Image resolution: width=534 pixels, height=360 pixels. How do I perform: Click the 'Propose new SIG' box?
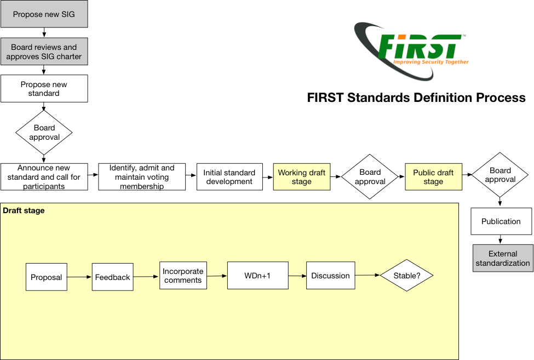(x=44, y=14)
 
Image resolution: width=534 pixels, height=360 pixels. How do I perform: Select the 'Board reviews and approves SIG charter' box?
(x=44, y=52)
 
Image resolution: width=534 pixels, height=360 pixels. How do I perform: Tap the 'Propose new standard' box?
(x=44, y=89)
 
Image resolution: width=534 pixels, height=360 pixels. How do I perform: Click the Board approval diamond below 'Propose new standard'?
(x=44, y=132)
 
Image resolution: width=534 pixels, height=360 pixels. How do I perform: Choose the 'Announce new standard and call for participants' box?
(x=44, y=177)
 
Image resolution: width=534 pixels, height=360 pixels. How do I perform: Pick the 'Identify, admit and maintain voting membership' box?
(x=142, y=177)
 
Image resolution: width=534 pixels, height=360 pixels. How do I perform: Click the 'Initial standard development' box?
(x=229, y=177)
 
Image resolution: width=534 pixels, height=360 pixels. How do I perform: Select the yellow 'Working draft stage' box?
(x=302, y=177)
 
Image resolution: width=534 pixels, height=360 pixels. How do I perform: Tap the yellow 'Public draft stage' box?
(x=433, y=177)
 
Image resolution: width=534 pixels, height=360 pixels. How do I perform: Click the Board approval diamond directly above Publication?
(x=500, y=175)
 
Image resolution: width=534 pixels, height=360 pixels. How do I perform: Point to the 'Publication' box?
(x=501, y=221)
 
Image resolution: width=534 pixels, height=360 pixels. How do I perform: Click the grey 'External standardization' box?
(x=503, y=258)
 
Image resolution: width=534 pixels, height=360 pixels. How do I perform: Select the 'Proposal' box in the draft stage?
(x=47, y=277)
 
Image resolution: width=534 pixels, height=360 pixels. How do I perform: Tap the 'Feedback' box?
(x=113, y=277)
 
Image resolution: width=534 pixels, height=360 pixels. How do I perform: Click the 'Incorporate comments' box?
(x=183, y=276)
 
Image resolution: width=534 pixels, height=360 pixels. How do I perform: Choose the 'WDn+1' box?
(x=257, y=276)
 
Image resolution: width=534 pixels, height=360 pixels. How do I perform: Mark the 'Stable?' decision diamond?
(x=406, y=276)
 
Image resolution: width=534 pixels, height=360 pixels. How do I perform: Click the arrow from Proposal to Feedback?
(x=79, y=277)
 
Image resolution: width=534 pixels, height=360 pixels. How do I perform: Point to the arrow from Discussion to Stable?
(x=367, y=275)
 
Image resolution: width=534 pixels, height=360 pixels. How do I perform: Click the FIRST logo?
(x=411, y=50)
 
